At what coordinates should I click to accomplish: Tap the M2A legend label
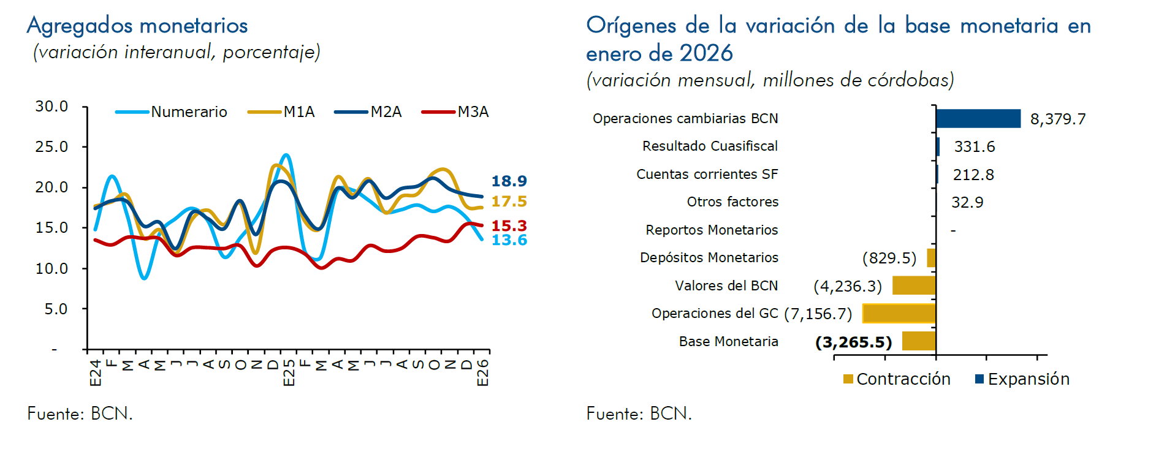coord(386,112)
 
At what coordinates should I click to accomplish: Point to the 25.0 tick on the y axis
coord(51,147)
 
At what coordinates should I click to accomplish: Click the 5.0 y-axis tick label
coord(56,309)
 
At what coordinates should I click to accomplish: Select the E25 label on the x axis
coord(289,372)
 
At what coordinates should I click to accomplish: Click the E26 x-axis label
coord(483,372)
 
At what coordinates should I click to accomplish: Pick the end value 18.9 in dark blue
coord(509,181)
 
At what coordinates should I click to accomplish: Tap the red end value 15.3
coord(509,226)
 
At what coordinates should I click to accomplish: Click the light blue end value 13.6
coord(509,240)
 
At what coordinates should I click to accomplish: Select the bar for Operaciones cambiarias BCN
coord(978,119)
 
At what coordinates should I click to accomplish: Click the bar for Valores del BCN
coord(913,285)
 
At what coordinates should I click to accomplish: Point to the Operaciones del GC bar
coord(899,314)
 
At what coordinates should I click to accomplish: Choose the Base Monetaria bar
coord(918,341)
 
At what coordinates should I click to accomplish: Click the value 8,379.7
coord(1057,119)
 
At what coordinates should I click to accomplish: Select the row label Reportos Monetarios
coord(711,230)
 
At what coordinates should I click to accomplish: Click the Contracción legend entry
coord(897,379)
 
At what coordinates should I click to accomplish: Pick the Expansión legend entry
coord(1022,379)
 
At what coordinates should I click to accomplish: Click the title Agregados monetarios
coord(137,26)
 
